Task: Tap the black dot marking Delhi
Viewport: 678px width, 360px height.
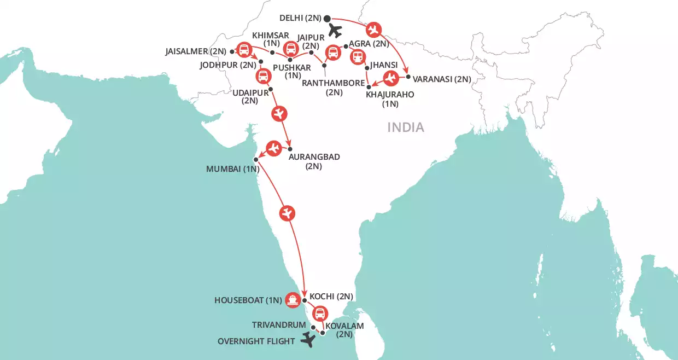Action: (x=327, y=17)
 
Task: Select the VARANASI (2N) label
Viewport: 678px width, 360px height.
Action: (x=442, y=79)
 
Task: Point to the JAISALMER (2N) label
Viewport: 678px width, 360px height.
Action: (x=195, y=51)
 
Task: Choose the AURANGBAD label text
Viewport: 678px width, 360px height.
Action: (x=313, y=156)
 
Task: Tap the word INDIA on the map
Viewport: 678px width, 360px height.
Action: (x=406, y=127)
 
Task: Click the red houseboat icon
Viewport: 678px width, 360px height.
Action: (x=293, y=299)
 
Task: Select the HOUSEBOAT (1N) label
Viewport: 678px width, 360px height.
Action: (x=248, y=300)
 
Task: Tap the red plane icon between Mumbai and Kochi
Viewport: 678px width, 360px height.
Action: (x=287, y=213)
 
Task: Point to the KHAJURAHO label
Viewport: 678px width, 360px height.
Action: (x=390, y=94)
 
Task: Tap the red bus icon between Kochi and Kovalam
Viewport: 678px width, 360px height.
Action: (x=319, y=314)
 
